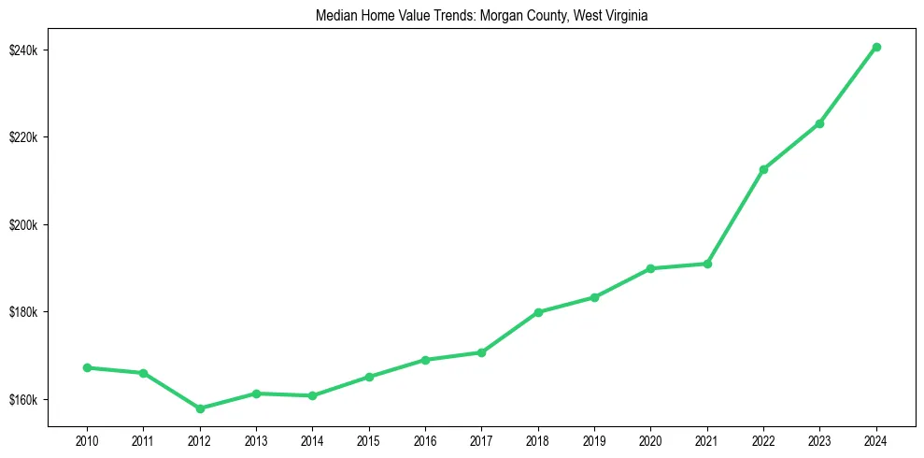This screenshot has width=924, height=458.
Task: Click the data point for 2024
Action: tap(876, 47)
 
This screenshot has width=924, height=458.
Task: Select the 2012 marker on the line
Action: tap(200, 408)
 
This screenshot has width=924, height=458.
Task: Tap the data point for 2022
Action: tap(763, 169)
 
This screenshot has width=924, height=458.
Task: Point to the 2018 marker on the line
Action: tap(538, 312)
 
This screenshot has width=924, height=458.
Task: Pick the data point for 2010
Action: tap(87, 367)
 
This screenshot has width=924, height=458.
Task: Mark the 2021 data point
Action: tap(707, 264)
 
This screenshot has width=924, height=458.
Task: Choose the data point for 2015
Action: tap(369, 377)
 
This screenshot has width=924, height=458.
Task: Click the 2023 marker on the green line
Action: tap(819, 123)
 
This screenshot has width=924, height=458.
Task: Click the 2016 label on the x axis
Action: tap(425, 440)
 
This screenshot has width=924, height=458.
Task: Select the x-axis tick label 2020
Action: tap(650, 440)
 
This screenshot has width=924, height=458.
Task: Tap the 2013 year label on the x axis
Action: tap(256, 440)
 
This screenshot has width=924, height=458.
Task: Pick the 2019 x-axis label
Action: tap(594, 440)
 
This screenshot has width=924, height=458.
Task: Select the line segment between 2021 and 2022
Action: tap(735, 217)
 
